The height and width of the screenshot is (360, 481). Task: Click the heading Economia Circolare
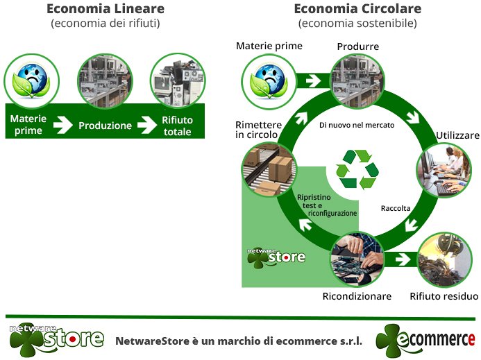point(357,9)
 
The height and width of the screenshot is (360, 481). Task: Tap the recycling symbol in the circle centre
point(357,169)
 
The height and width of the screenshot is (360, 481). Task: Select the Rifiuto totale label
point(177,126)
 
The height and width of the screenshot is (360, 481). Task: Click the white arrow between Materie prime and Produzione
point(62,126)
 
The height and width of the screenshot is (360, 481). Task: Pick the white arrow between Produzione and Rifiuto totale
point(146,126)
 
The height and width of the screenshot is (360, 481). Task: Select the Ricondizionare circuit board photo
point(357,258)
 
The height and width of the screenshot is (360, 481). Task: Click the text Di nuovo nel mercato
point(357,126)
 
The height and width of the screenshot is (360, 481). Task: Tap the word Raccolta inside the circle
point(396,208)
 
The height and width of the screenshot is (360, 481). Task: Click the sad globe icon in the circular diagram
point(269,80)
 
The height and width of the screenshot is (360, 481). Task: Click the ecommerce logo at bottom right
point(425,340)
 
